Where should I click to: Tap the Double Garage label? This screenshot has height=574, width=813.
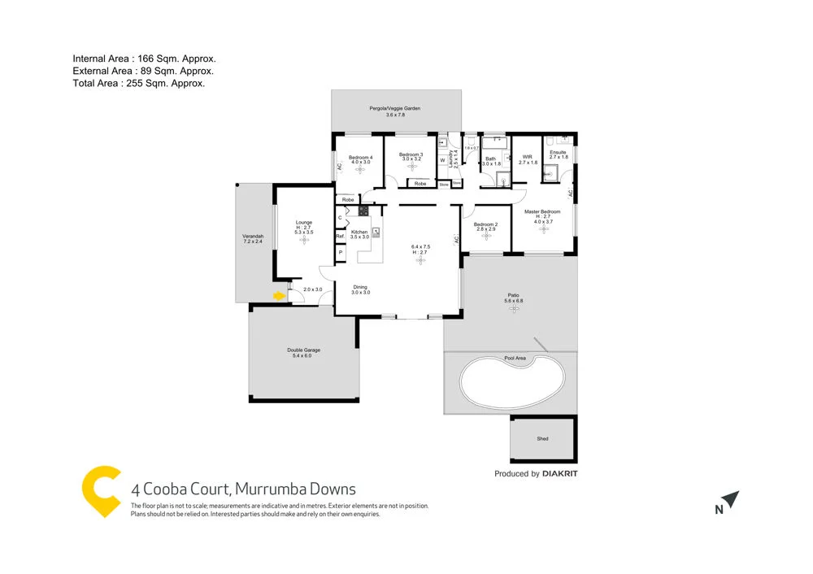303,350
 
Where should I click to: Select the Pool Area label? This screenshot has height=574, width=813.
515,358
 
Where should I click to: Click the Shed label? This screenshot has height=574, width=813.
542,439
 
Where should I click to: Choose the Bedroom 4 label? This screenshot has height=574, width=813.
360,157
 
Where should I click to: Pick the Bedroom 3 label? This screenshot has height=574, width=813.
410,154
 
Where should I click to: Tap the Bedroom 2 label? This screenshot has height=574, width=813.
485,224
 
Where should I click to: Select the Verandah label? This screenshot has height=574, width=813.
253,237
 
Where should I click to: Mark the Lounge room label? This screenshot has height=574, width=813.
304,222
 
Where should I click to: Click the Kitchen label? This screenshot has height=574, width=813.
359,232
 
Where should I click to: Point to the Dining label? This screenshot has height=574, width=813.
360,286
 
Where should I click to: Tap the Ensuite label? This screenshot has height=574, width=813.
558,152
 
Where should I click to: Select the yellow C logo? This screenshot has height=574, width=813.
102,490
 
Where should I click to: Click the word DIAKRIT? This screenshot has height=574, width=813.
561,473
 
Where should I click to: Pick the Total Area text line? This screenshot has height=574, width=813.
138,83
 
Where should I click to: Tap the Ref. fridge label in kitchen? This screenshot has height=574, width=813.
341,236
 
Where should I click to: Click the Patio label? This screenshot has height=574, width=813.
514,295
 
